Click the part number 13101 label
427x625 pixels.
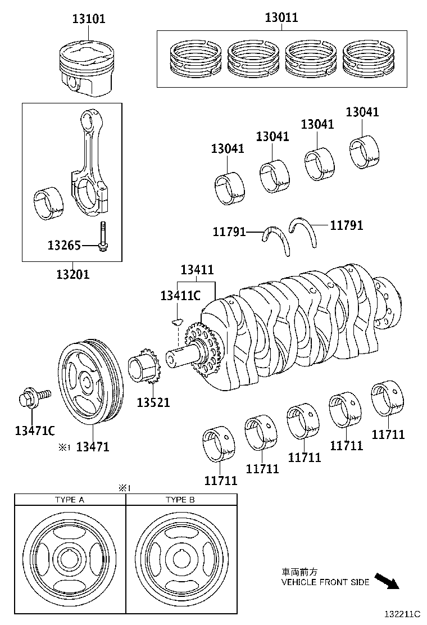tap(89, 19)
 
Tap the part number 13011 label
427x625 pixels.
tap(281, 18)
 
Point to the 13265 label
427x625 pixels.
tap(64, 246)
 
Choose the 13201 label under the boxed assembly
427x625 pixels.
tap(72, 274)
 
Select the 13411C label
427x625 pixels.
tap(180, 296)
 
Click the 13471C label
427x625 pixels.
tap(35, 431)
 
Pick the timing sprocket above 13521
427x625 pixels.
tap(146, 370)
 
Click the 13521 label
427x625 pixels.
tap(153, 402)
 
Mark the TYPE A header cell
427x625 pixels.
tap(70, 499)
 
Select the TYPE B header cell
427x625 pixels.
tap(180, 499)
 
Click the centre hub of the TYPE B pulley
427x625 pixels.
tap(180, 559)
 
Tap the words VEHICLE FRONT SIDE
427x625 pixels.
tap(325, 582)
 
